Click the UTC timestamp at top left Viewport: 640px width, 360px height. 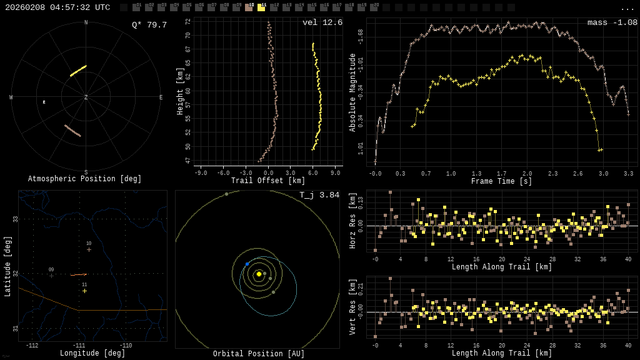57,7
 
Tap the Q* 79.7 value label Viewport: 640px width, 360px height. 149,25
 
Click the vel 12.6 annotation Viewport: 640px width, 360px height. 322,22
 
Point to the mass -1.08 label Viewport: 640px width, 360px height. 612,22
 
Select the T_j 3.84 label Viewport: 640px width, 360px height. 319,195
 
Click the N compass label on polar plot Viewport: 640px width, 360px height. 86,23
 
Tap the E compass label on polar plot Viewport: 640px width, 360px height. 161,97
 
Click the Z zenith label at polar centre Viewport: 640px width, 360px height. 86,97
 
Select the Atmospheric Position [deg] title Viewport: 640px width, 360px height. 85,179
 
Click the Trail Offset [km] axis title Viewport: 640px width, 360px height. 268,181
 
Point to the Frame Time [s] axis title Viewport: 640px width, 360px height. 501,181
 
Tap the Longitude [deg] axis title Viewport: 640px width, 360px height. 92,354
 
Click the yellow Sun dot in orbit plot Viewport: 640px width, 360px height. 259,274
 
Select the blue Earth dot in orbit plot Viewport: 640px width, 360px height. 247,264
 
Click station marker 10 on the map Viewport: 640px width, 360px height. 89,249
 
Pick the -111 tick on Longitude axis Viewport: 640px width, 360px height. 79,346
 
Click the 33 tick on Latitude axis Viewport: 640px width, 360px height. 15,219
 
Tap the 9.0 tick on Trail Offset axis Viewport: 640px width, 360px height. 335,173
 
